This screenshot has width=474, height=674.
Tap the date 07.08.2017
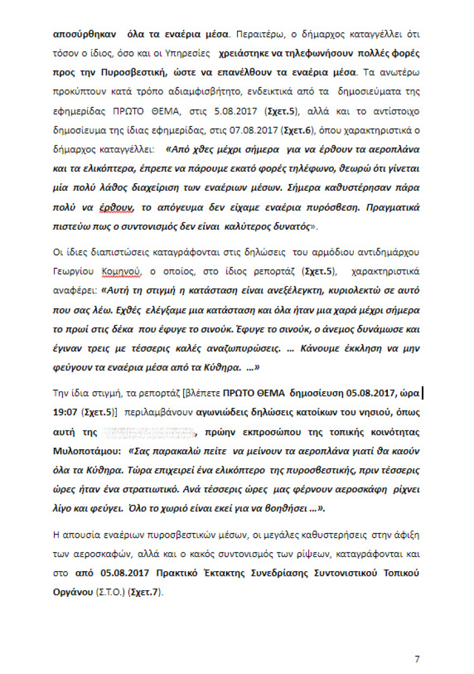pyautogui.click(x=248, y=131)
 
